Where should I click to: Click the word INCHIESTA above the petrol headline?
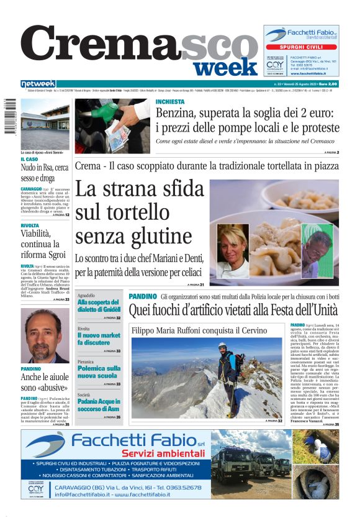[x=169, y=101]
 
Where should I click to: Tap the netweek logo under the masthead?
[x=38, y=84]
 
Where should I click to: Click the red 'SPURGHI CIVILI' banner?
[x=300, y=47]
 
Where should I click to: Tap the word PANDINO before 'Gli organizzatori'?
[x=142, y=297]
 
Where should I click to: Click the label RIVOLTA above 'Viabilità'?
[x=30, y=226]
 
